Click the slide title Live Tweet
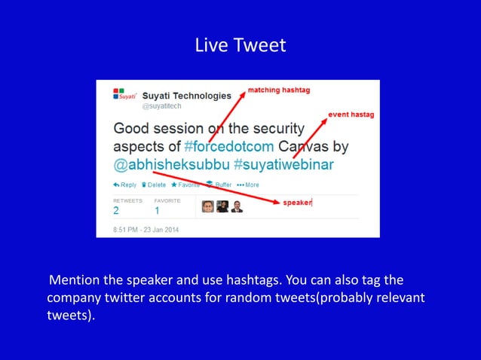240,45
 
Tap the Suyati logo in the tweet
124,95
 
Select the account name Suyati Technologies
187,96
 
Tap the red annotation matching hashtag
279,90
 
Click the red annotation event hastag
351,114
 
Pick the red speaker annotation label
297,202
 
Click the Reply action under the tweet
125,185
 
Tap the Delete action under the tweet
154,185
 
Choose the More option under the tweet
248,185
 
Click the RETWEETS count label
127,201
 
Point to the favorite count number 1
158,211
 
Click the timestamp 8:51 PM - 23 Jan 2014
147,228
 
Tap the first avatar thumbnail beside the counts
207,206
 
